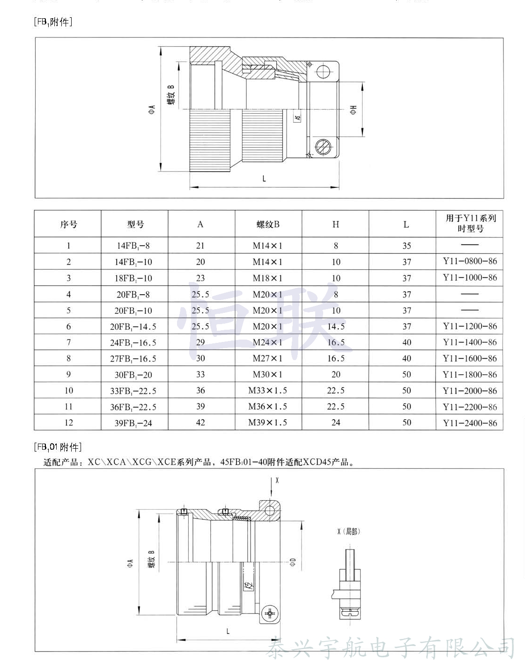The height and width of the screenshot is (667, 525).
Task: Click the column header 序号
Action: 68,224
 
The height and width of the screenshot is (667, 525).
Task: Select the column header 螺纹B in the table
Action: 268,224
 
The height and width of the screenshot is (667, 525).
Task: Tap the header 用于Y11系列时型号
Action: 470,223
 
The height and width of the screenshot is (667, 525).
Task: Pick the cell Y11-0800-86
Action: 470,261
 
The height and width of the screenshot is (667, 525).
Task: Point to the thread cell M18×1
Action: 268,278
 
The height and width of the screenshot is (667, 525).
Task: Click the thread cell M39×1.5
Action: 268,422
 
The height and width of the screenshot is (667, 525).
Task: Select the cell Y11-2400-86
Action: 470,423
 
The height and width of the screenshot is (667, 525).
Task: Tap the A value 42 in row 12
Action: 200,422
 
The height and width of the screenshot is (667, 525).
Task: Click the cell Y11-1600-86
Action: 470,359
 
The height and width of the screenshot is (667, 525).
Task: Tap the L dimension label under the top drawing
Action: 264,178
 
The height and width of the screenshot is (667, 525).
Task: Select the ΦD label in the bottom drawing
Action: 293,562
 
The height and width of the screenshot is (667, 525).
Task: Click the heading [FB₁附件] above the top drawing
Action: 53,22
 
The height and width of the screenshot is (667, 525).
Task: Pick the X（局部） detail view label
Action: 349,531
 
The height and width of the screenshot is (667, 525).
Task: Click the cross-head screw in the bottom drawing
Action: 271,613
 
